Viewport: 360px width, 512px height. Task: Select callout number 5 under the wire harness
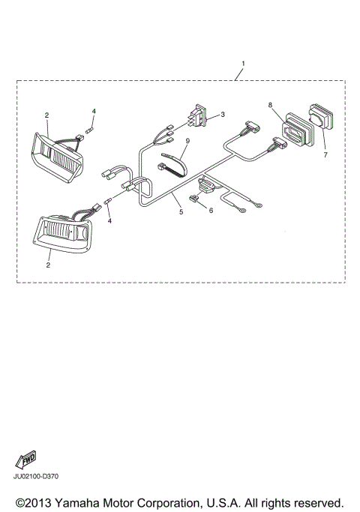click(x=180, y=212)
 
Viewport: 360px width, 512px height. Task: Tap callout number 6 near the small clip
click(x=211, y=211)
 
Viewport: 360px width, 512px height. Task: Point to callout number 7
click(x=325, y=154)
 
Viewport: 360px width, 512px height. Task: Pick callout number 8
click(x=271, y=106)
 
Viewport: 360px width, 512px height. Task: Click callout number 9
click(x=187, y=140)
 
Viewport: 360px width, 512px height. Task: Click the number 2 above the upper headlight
click(x=46, y=115)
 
